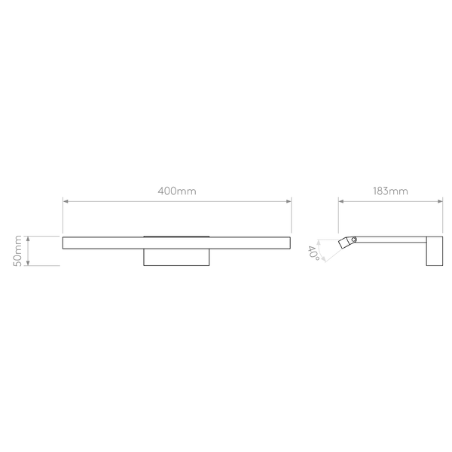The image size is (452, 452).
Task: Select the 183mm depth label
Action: [x=389, y=191]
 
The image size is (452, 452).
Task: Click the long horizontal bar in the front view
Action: [x=176, y=242]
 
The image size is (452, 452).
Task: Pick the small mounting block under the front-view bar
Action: [x=177, y=258]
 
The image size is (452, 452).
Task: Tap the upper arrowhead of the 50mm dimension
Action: [x=28, y=237]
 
